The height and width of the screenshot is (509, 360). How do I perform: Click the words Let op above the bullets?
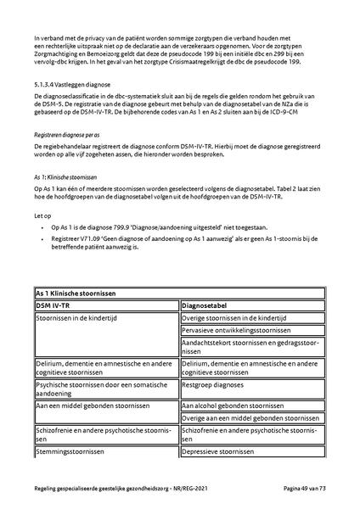pyautogui.click(x=42, y=215)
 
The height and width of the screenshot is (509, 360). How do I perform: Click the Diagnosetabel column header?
pyautogui.click(x=208, y=303)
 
